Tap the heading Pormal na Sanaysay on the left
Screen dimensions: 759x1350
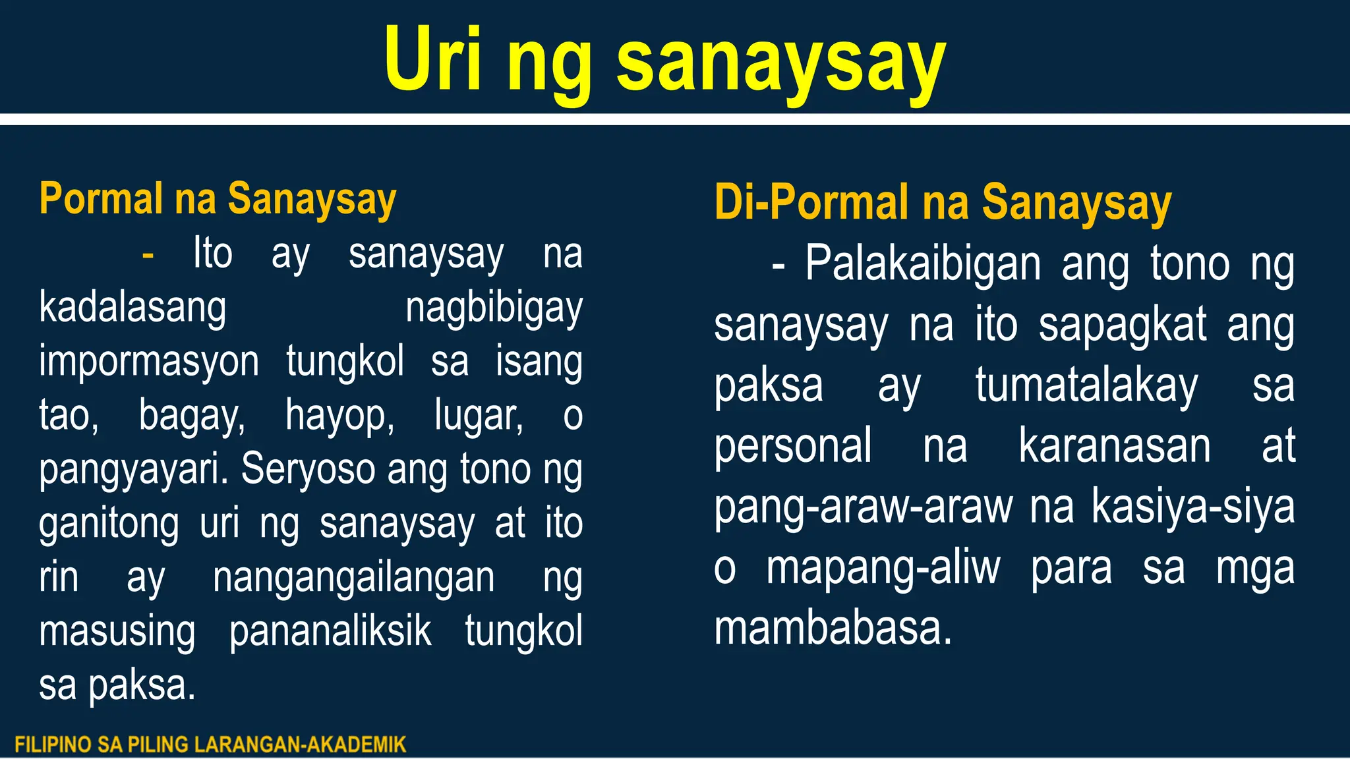218,198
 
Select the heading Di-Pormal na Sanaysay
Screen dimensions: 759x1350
943,202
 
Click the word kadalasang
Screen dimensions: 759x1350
132,308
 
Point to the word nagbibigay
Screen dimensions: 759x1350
494,308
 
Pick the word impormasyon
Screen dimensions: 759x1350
149,362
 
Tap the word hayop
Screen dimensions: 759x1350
339,416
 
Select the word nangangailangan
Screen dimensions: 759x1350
353,578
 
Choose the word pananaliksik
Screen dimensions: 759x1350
330,631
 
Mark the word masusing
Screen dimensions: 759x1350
117,631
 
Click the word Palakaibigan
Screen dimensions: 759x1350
923,264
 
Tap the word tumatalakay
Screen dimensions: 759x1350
1086,385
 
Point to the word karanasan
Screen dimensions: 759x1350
1114,446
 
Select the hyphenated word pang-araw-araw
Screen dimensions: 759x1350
863,507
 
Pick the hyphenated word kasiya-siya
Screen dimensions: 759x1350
1192,507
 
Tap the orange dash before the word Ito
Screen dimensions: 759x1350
148,254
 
